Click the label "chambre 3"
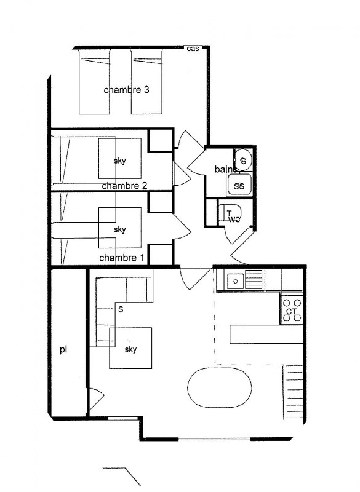click(x=126, y=90)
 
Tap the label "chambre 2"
click(x=124, y=185)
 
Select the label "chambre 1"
click(x=121, y=258)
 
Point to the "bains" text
click(x=226, y=169)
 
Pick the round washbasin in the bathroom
click(x=243, y=160)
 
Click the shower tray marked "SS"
click(x=239, y=184)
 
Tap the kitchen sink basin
click(x=234, y=281)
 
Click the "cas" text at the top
click(x=193, y=49)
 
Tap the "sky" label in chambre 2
click(x=120, y=161)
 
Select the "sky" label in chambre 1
click(x=120, y=229)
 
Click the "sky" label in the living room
click(x=130, y=349)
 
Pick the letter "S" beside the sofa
click(x=121, y=310)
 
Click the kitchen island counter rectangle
click(x=266, y=334)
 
